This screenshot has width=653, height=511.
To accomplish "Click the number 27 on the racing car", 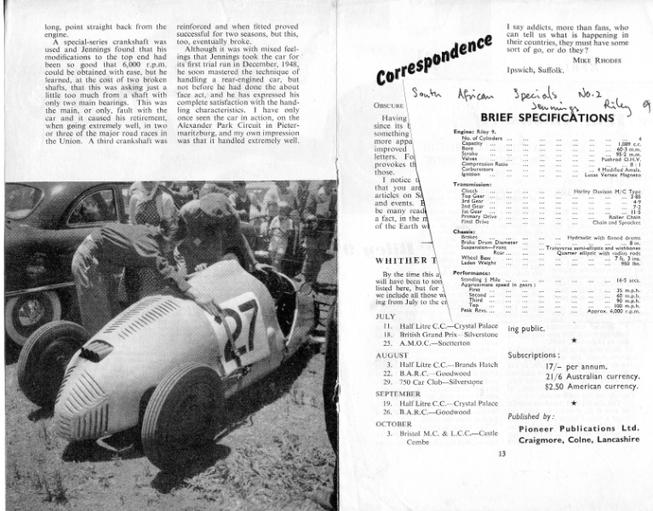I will [238, 324].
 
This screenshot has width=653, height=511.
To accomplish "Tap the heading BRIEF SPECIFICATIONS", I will [551, 118].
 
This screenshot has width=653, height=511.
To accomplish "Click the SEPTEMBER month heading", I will [399, 393].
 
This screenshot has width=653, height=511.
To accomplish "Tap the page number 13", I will [502, 453].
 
